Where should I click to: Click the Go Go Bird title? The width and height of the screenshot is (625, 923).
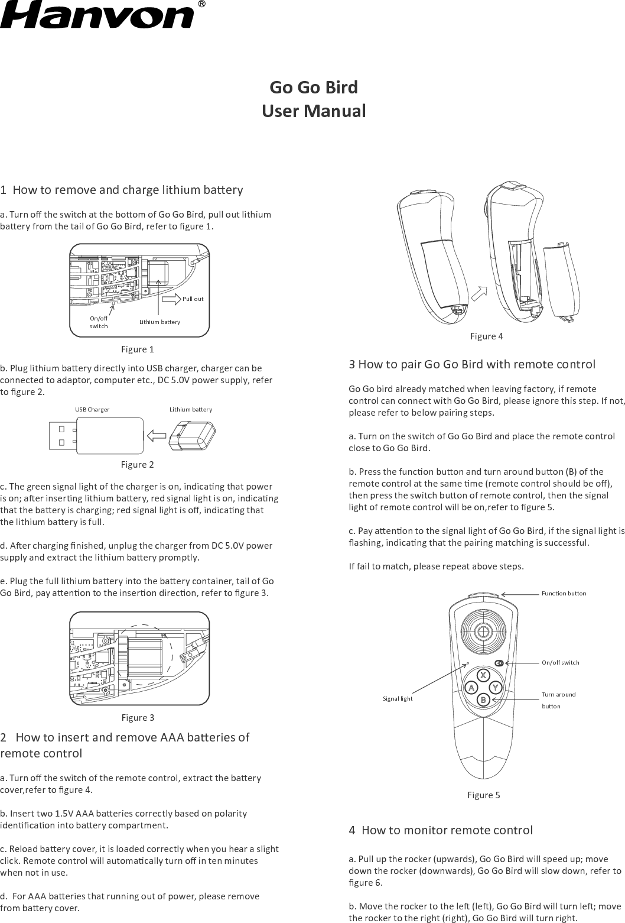coord(313,87)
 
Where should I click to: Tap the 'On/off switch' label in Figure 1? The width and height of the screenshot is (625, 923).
coord(99,322)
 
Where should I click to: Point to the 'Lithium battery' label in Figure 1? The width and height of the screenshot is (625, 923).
coord(159,322)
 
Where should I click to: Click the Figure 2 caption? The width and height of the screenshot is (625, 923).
coord(137,465)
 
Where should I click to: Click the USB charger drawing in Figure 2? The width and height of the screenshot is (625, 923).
coord(95,436)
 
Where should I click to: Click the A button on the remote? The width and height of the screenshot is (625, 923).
coord(471,688)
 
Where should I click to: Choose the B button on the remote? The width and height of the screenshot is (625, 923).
coord(483,700)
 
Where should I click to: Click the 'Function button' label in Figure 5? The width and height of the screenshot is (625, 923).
coord(564,593)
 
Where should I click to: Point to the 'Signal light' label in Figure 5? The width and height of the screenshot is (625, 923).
coord(398,699)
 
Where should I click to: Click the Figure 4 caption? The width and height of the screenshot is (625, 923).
coord(486,336)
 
